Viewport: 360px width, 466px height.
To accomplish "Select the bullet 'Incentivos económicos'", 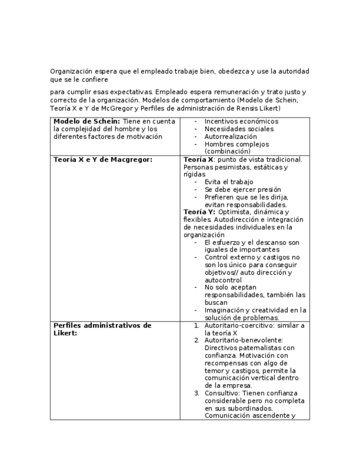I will click(x=241, y=121).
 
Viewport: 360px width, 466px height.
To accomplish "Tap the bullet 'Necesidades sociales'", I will click(x=239, y=129).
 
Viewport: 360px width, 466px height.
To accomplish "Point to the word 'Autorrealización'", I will click(x=230, y=137).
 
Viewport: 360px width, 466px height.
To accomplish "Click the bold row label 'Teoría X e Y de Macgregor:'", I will click(x=103, y=159).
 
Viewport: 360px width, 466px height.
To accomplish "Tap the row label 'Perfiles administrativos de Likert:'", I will click(x=102, y=329).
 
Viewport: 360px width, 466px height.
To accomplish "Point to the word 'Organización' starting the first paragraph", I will click(x=70, y=71).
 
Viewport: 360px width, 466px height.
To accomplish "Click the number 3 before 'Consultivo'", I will click(x=197, y=393).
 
